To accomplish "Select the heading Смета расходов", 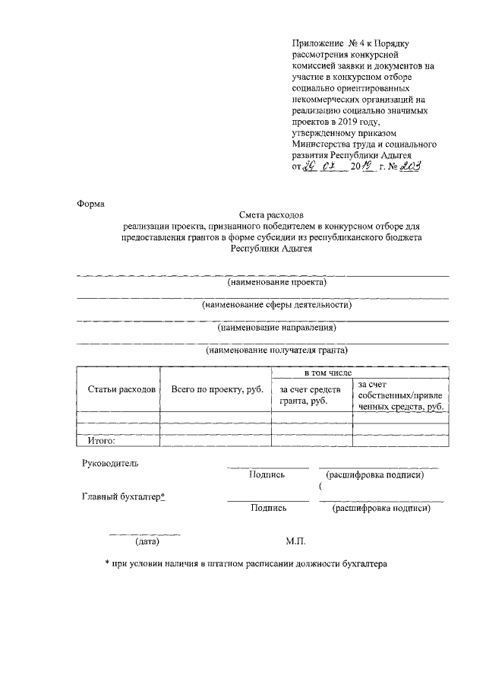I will [x=270, y=216].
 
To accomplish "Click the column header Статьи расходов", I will [x=121, y=388].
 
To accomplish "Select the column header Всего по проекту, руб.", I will [x=216, y=388].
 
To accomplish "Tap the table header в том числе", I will [x=328, y=373].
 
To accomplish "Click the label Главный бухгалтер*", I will [x=124, y=496].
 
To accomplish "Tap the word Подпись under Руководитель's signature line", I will [x=267, y=475].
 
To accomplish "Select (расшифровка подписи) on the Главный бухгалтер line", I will [x=382, y=509].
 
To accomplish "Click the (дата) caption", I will [x=147, y=542].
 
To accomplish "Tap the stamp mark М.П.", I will [x=295, y=542].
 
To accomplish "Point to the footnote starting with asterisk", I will [x=246, y=565].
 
